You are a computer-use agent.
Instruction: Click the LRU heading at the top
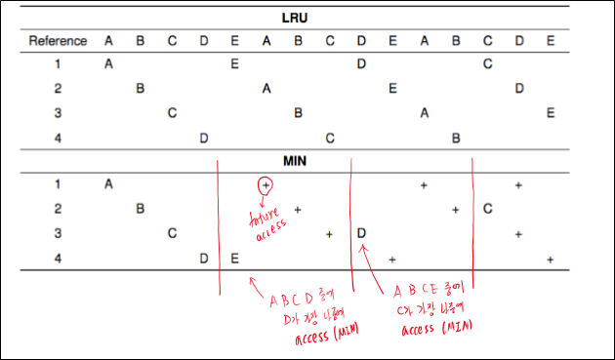click(297, 19)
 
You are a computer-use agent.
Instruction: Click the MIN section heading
click(297, 158)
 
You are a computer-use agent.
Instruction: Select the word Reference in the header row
click(59, 41)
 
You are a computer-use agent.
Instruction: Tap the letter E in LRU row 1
click(235, 64)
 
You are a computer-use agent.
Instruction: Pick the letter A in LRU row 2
click(266, 89)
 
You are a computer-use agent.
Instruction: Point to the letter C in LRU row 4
click(330, 138)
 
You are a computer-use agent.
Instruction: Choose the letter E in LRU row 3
click(552, 113)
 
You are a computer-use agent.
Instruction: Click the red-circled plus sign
click(266, 184)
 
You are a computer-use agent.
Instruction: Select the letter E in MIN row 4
click(235, 259)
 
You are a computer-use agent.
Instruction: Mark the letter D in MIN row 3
click(361, 234)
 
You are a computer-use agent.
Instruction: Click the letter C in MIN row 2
click(487, 209)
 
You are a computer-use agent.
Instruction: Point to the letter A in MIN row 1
click(108, 183)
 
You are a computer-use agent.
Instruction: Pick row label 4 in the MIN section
click(59, 259)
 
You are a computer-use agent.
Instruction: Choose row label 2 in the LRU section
click(59, 89)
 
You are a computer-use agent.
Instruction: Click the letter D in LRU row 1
click(361, 64)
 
